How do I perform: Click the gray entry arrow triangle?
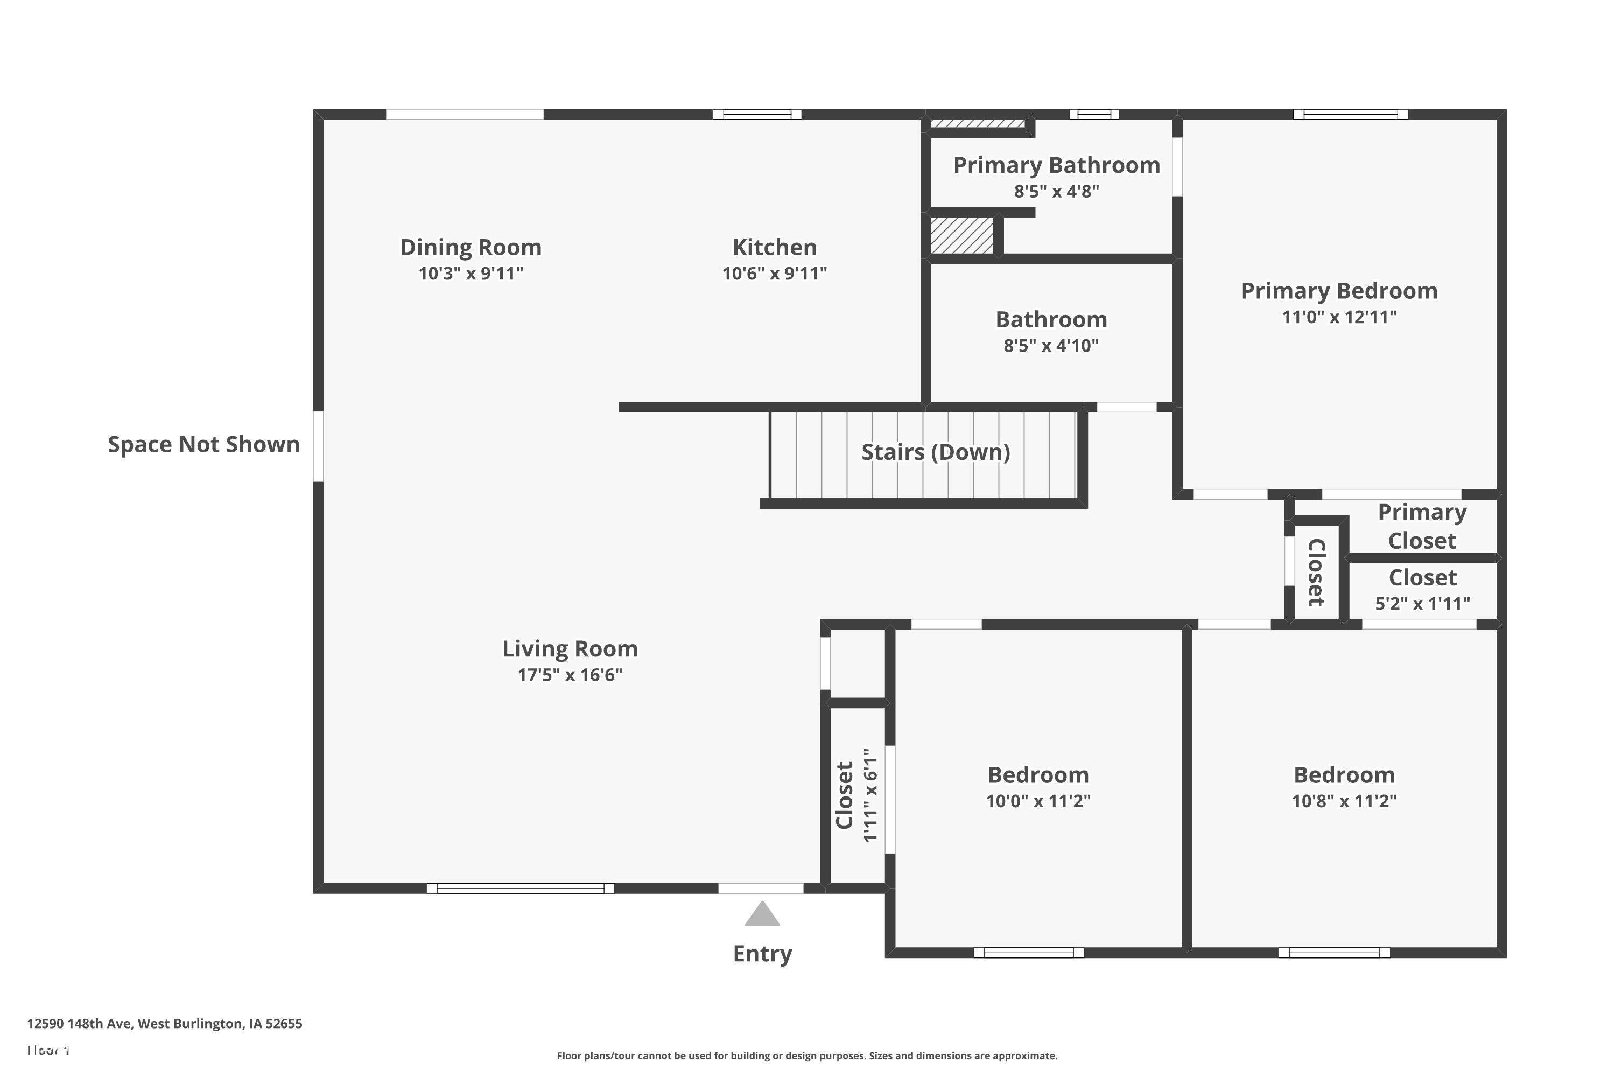(762, 915)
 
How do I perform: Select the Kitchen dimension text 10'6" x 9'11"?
(774, 274)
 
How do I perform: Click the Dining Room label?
(471, 247)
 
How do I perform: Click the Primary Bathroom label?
(1056, 165)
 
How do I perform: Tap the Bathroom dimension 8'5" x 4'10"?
(1051, 346)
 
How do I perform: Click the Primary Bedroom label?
(1339, 291)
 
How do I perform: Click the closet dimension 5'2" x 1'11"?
(1422, 603)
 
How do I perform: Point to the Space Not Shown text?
(203, 444)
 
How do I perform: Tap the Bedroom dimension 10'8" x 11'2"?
(1344, 801)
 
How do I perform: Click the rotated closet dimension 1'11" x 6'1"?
(870, 795)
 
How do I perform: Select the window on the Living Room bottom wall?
(521, 888)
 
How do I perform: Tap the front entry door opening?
(761, 888)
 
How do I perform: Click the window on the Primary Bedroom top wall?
(1350, 114)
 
